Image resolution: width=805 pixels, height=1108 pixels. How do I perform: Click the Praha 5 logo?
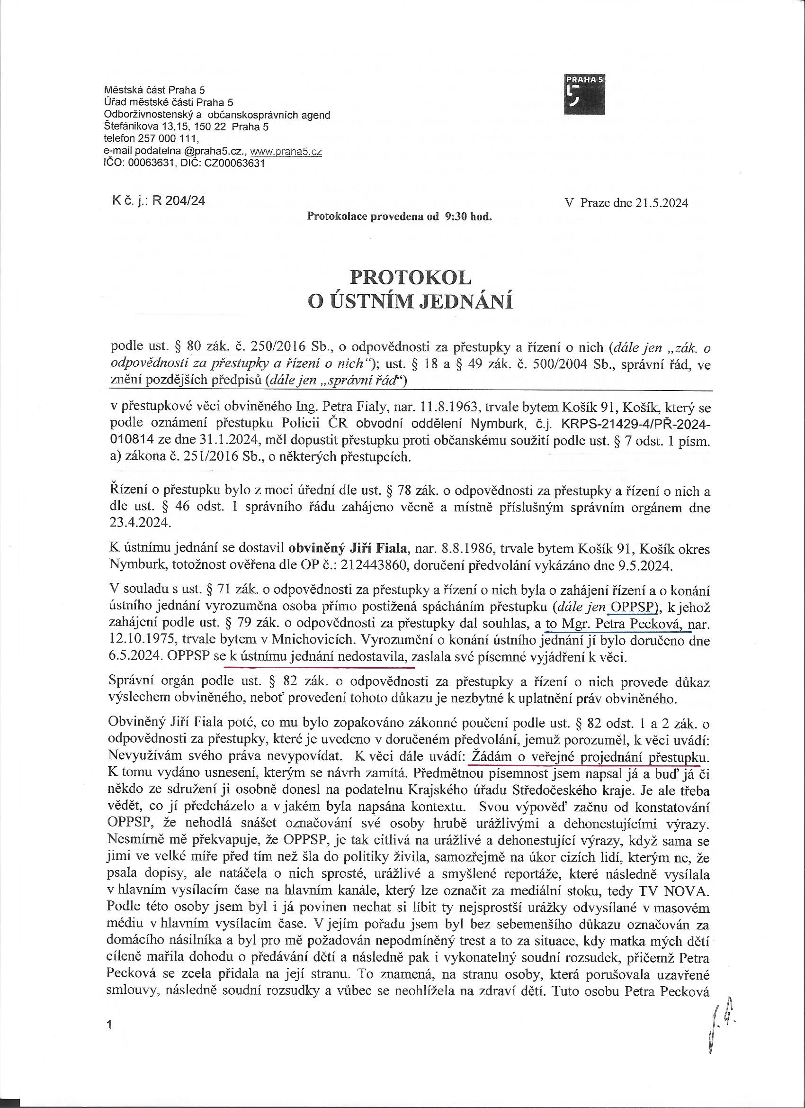(584, 94)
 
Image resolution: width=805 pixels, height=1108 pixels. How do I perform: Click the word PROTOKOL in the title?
(411, 278)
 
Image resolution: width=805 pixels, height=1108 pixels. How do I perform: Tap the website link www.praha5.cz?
(286, 152)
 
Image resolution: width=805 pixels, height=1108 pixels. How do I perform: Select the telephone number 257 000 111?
(161, 139)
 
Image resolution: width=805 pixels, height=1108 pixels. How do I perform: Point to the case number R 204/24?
(178, 201)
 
